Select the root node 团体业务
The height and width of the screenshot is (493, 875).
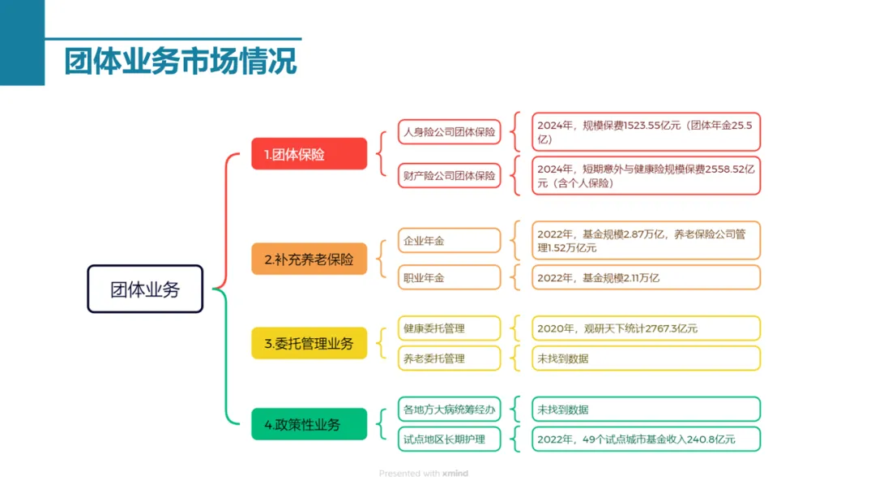(x=145, y=289)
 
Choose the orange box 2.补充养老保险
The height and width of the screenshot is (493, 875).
(x=309, y=260)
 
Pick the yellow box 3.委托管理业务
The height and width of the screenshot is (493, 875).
(x=309, y=343)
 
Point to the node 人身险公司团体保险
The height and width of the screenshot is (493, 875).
(x=449, y=131)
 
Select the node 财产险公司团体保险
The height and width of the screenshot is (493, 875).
(x=449, y=175)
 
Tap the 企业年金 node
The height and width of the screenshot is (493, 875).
(x=449, y=241)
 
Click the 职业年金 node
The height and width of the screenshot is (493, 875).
(x=449, y=277)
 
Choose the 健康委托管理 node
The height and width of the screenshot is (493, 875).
(x=449, y=328)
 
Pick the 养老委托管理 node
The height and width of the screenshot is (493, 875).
(x=449, y=358)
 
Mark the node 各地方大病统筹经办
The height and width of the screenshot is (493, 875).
(x=449, y=409)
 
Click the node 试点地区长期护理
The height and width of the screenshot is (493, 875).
(x=449, y=439)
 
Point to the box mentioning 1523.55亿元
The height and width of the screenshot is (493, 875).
(x=645, y=131)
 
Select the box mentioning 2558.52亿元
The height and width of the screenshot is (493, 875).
(x=645, y=175)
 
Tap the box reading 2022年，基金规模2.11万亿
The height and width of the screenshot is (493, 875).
(x=645, y=277)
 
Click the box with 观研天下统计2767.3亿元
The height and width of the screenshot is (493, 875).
(x=645, y=328)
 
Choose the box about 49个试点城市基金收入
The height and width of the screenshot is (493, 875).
(x=645, y=439)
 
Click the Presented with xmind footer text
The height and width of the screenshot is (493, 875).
(x=424, y=474)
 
